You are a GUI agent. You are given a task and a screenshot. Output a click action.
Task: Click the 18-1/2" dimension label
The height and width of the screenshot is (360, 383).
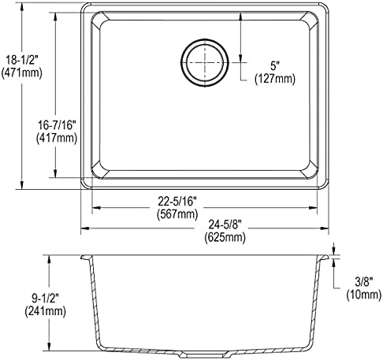(x=22, y=60)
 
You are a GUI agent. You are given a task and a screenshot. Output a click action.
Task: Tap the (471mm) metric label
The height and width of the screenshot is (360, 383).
(x=22, y=72)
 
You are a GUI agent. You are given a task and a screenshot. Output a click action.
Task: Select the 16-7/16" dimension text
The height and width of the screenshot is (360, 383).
(x=57, y=125)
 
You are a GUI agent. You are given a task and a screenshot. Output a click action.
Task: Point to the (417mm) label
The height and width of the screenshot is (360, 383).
(x=57, y=138)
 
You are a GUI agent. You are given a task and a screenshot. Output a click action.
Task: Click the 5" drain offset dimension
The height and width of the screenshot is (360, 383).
(x=274, y=66)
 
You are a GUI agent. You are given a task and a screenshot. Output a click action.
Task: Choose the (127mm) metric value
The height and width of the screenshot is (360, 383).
(x=275, y=79)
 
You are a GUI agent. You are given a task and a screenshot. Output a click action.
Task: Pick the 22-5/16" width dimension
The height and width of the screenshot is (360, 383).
(x=177, y=202)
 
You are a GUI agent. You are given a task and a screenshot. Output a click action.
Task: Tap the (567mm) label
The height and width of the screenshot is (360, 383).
(x=177, y=214)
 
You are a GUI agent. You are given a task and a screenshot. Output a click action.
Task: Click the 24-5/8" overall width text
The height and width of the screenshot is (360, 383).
(x=225, y=225)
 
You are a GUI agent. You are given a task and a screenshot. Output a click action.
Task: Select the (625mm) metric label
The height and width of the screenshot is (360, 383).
(x=225, y=237)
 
